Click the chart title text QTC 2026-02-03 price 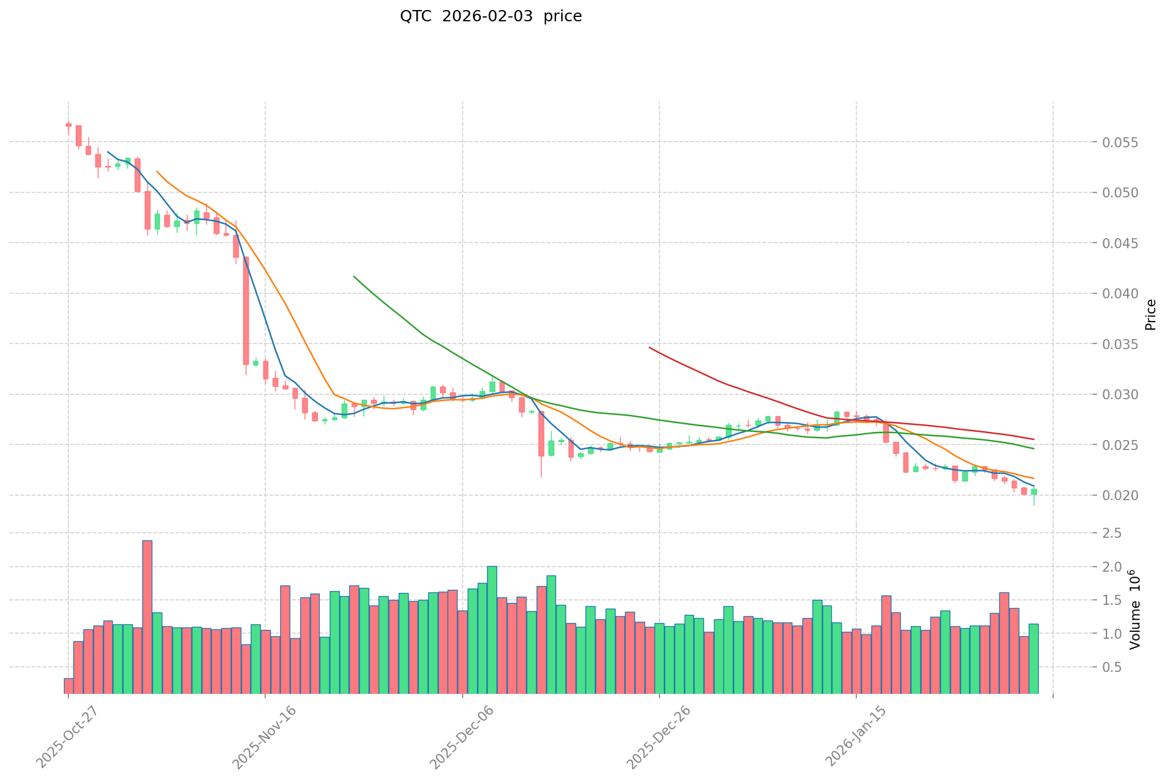(491, 16)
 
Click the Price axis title (1150, 315)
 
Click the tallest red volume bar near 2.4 (147, 617)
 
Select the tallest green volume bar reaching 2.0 (492, 629)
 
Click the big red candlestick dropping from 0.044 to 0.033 (246, 311)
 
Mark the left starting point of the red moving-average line (649, 347)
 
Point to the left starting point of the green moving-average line (354, 276)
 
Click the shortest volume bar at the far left (68, 686)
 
